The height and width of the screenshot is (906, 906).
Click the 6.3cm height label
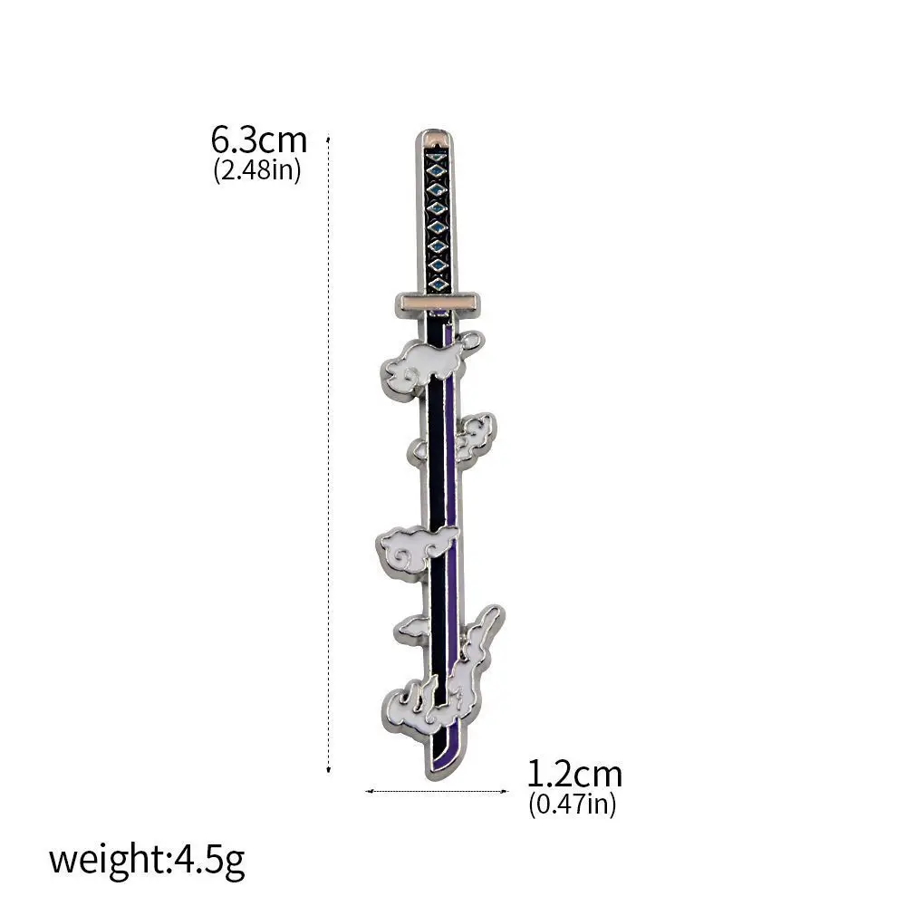258,140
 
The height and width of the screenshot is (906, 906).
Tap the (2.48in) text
257,170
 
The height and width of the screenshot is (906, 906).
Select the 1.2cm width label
574,775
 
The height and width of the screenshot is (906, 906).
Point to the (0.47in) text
572,805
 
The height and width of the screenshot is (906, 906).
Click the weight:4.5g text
147,861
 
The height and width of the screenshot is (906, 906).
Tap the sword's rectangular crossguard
438,304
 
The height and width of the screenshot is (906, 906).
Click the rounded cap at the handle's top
436,139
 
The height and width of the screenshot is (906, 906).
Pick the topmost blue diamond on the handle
437,157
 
